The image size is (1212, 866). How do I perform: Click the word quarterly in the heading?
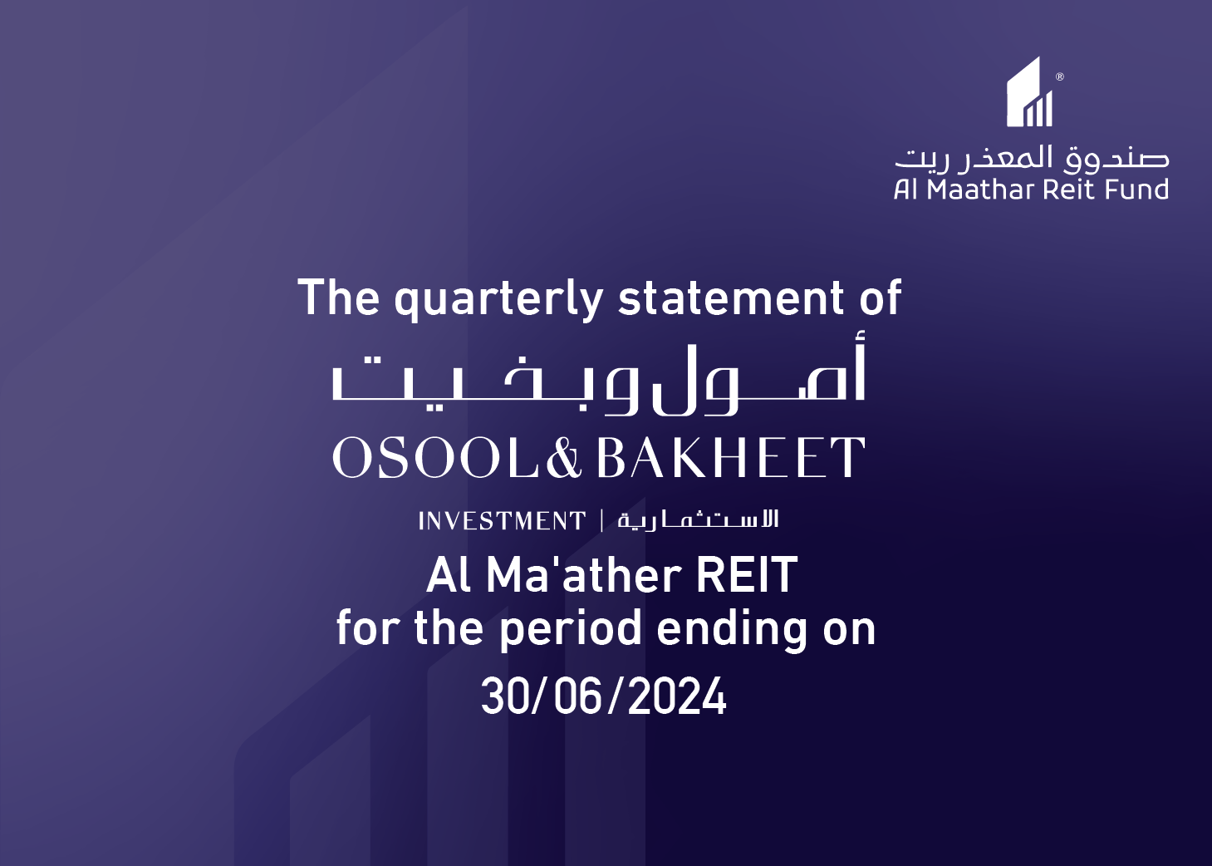[498, 300]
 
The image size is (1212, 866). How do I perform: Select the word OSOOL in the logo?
[436, 457]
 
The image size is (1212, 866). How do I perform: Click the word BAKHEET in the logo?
[731, 457]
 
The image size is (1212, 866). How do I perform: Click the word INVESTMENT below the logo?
[502, 521]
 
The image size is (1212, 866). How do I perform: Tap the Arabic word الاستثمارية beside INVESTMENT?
[698, 520]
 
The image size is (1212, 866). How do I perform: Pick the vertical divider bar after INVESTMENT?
[602, 521]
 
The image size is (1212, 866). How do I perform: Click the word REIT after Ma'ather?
[746, 574]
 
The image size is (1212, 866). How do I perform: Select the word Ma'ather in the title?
[583, 574]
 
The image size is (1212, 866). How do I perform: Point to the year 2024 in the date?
[677, 697]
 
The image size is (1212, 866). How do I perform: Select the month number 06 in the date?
[578, 697]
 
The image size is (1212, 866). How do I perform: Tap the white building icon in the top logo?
[1029, 91]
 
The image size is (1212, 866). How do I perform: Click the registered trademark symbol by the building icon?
[1060, 76]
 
